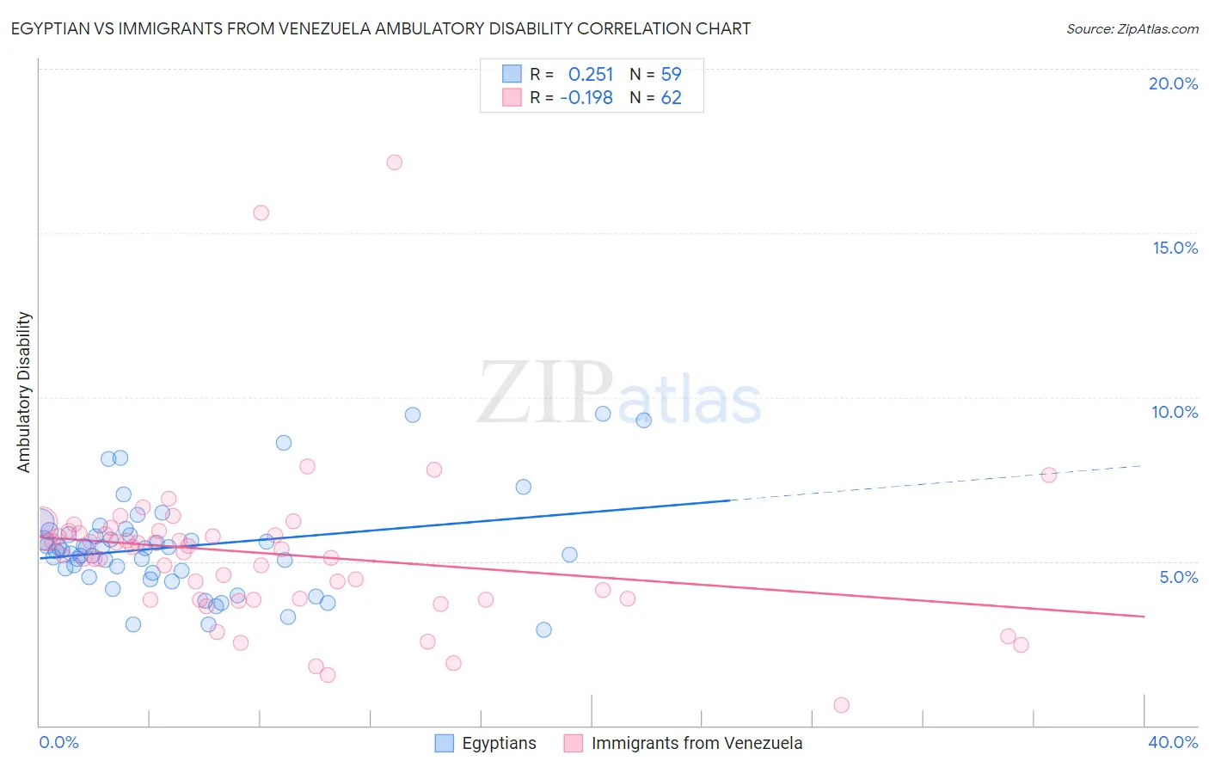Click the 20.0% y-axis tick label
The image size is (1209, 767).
(1173, 83)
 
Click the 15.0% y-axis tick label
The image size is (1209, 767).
(1175, 248)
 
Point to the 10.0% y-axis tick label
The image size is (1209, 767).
(1175, 412)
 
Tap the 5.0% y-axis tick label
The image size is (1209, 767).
(1178, 577)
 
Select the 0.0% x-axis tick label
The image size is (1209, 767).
(58, 742)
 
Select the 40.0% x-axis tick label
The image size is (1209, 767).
(1173, 742)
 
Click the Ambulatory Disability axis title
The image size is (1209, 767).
(24, 391)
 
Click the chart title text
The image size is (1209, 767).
(381, 28)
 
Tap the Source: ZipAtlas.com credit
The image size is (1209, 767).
(1132, 28)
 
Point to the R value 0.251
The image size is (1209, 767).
(591, 75)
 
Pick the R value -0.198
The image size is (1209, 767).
(586, 98)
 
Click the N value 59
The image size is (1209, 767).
(671, 75)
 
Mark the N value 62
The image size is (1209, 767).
(671, 98)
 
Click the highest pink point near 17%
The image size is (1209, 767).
(395, 162)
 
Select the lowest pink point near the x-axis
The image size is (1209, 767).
(841, 705)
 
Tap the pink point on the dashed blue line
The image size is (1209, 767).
(1048, 475)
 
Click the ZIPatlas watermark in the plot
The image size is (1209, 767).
(619, 393)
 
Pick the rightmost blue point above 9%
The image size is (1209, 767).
(643, 420)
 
